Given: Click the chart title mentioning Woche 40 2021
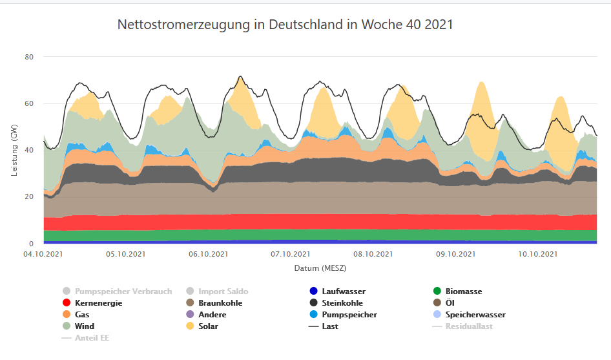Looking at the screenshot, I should coord(285,25).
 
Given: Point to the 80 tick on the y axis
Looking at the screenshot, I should coord(29,57).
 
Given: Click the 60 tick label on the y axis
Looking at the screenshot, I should coord(29,103).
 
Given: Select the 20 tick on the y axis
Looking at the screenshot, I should coord(29,196).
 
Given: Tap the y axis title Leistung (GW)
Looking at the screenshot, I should coord(14,150).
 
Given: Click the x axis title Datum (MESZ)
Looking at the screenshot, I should coord(320,268).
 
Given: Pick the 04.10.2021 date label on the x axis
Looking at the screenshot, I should coord(44,254).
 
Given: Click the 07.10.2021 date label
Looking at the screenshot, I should coord(291,254).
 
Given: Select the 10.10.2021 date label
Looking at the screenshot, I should coord(539,254).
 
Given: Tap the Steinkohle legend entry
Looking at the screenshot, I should coord(342,303).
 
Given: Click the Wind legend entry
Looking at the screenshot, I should coord(85,326).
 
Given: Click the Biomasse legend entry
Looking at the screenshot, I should coord(463,291).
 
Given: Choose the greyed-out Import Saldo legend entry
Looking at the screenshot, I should coord(223,291).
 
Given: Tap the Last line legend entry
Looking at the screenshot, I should coord(329,326).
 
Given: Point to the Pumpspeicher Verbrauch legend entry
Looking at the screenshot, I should coord(123,291).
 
